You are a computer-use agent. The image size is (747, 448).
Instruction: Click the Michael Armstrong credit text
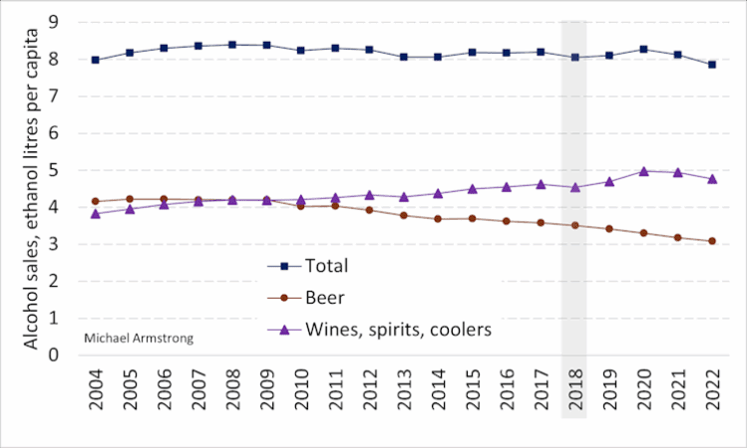click(140, 338)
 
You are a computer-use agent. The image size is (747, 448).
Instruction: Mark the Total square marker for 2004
click(96, 60)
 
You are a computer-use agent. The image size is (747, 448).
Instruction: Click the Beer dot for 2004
click(96, 201)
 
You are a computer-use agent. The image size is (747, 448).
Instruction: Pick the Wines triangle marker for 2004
click(96, 213)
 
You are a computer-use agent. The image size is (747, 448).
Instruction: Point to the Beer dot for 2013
click(403, 215)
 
